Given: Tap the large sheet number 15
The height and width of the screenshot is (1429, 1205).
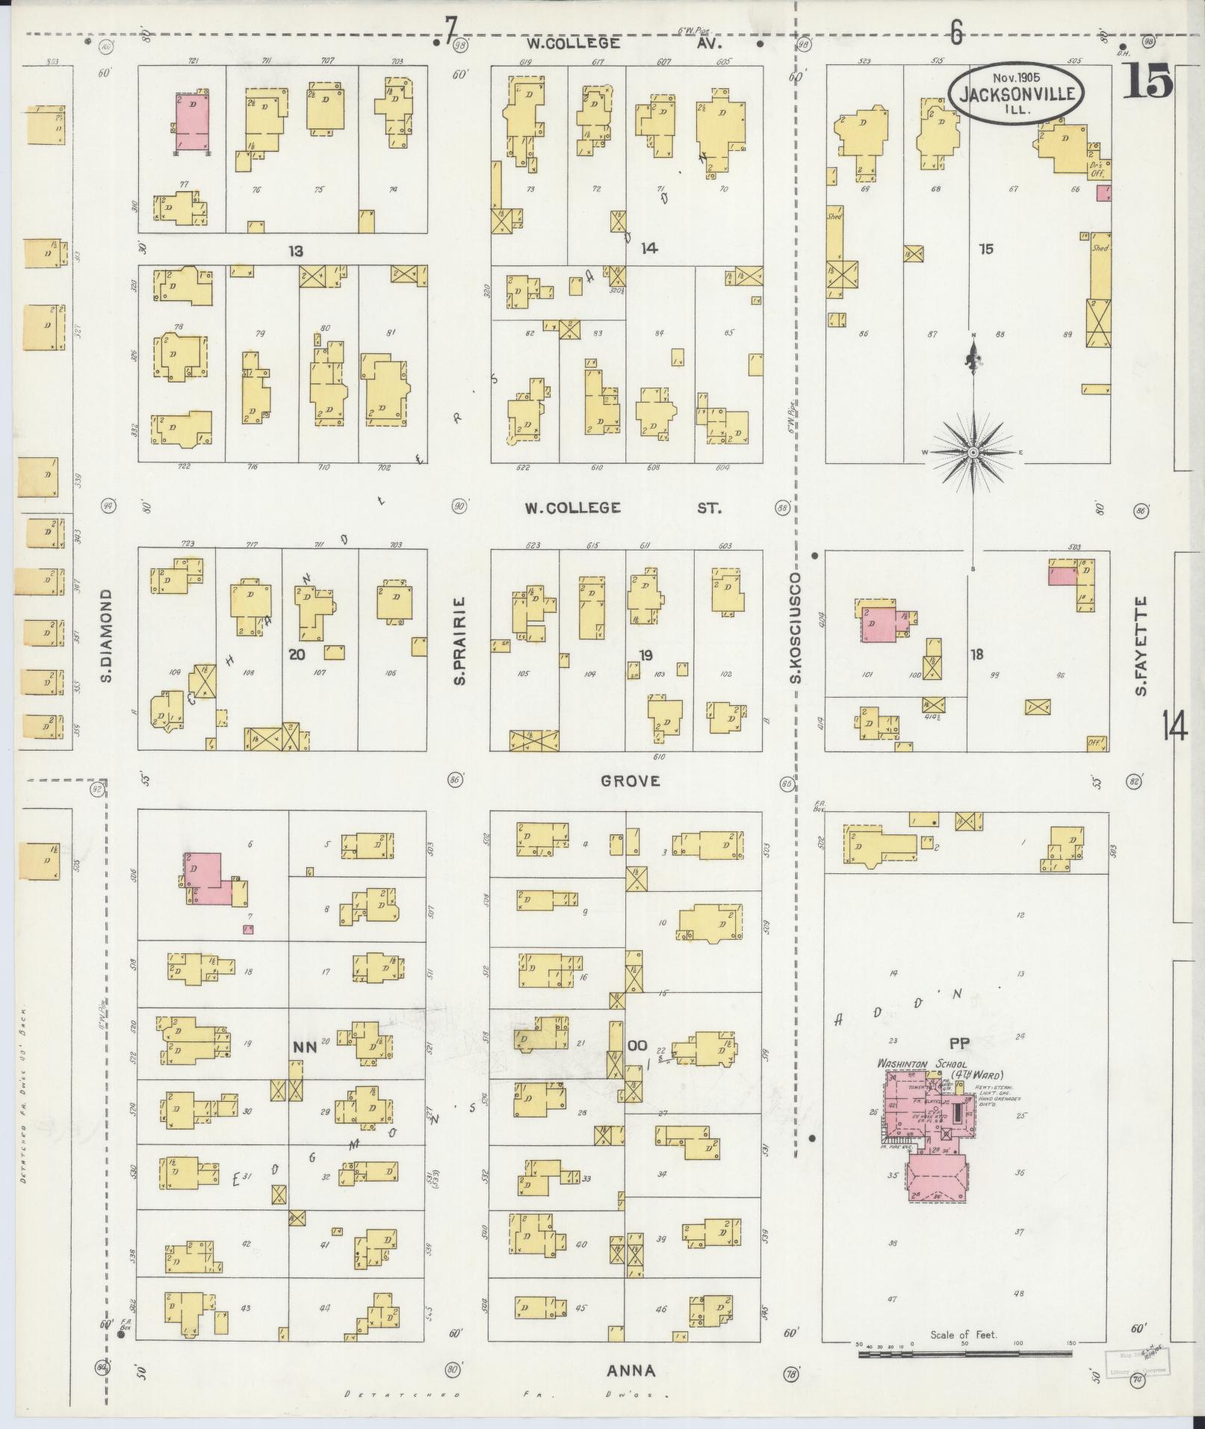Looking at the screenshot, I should tap(1147, 82).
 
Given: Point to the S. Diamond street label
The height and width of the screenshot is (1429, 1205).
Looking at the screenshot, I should tap(107, 635).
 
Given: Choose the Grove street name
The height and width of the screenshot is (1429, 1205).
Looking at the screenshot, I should tap(631, 781).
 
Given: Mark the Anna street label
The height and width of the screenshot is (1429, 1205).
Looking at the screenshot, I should tap(632, 1371).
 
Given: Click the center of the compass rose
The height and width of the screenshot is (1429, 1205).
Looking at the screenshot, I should tap(973, 453).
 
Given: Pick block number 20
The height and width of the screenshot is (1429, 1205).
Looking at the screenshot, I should tap(297, 654).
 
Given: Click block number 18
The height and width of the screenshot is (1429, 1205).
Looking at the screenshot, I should tap(976, 654).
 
